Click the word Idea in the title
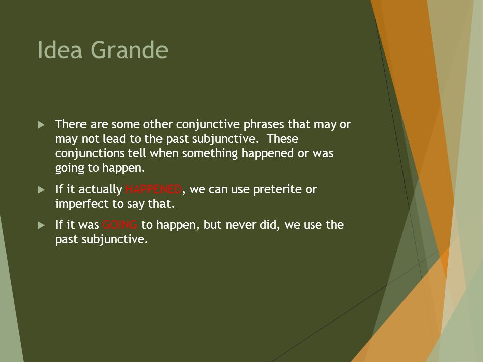(60, 50)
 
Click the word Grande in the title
(129, 50)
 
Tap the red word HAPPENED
(153, 189)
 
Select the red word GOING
(120, 225)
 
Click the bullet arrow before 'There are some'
(42, 125)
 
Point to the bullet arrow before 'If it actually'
(42, 190)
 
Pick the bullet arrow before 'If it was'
(42, 225)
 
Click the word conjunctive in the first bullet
(208, 125)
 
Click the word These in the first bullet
(282, 139)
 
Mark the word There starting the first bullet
(71, 124)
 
